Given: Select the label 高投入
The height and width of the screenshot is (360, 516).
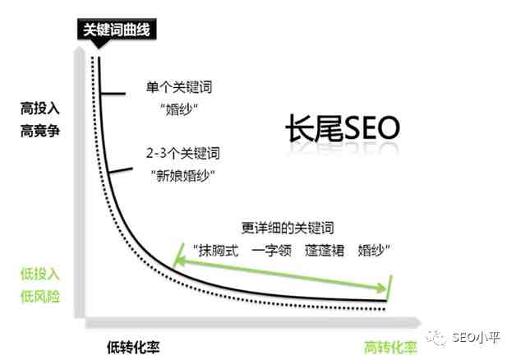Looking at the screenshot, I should pos(41,108).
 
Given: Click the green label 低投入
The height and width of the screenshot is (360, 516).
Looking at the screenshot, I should pos(41,273).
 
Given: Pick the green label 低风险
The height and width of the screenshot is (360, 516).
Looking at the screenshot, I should pos(41,296).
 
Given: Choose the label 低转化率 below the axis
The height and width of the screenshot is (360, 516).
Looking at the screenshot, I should pos(132,346).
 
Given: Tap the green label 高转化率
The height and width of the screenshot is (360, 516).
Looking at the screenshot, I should pos(390,346).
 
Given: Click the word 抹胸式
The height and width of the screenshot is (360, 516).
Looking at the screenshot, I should pos(216,249).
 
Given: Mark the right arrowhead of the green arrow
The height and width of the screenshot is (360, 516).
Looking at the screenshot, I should pos(383,288).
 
